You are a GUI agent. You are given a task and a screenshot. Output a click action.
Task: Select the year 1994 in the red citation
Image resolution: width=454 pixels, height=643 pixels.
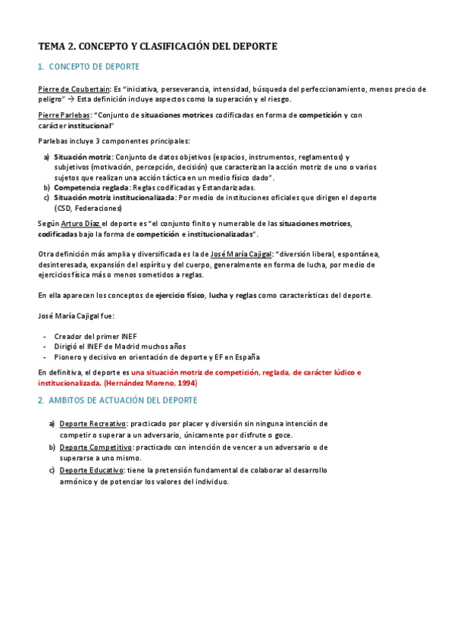[x=199, y=383]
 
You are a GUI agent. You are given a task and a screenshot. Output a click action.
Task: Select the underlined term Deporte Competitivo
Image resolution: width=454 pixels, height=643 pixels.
[x=95, y=447]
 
